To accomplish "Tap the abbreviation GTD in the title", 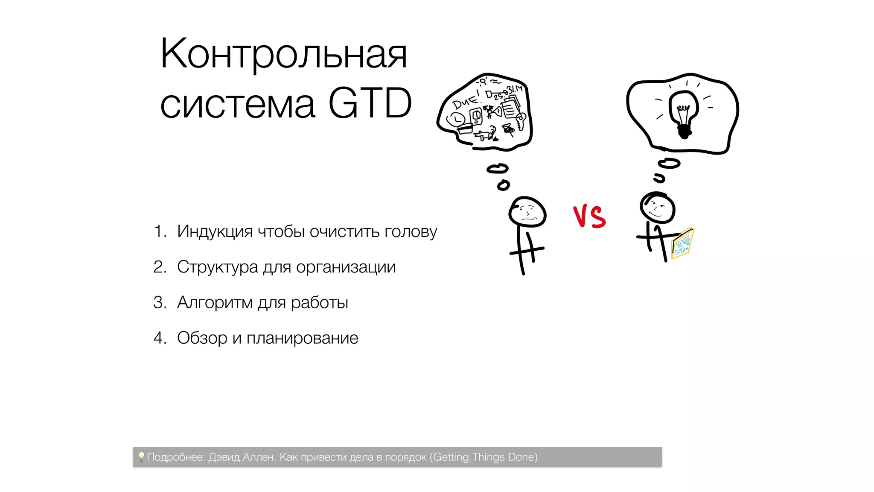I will tap(370, 104).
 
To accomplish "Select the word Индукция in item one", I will tap(215, 231).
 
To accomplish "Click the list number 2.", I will tap(159, 267).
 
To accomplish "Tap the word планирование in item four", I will tap(302, 338).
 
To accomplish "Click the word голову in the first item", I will tap(411, 232).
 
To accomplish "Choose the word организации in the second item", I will tap(346, 267).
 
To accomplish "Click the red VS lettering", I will tap(589, 216).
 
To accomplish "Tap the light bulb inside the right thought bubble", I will tap(683, 114).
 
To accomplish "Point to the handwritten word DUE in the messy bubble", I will tap(465, 101).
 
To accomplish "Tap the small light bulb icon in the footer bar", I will tap(141, 457).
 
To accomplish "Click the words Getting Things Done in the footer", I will tap(484, 457).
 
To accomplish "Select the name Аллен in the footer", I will tap(259, 457).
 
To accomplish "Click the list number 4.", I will tap(159, 338).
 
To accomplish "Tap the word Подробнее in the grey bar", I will tap(176, 457).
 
